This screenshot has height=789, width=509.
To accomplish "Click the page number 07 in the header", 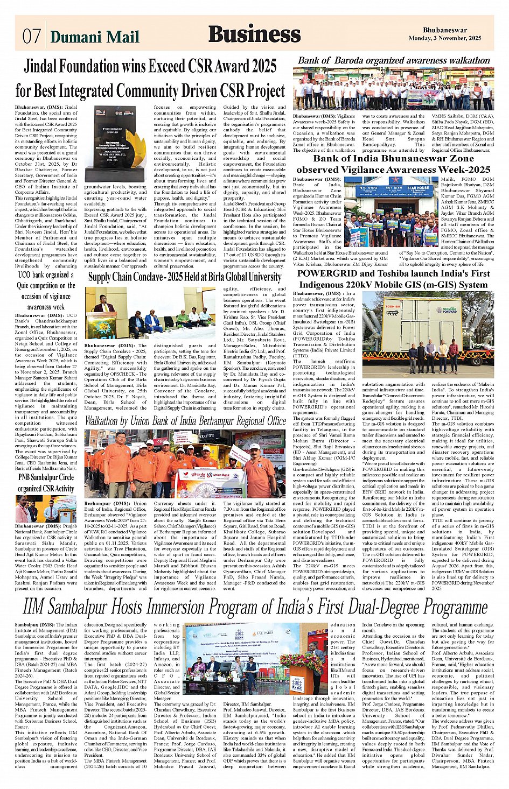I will (x=31, y=37).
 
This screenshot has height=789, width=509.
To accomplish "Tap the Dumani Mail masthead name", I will (x=94, y=37).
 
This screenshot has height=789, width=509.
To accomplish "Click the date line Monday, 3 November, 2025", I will (x=444, y=38).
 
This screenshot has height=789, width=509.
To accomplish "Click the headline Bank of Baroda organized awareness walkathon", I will (x=394, y=60).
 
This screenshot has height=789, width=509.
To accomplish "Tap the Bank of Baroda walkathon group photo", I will (x=393, y=89).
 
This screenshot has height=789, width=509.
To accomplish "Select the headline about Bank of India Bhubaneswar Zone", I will (x=393, y=164).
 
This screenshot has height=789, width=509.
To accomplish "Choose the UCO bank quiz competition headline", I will (x=46, y=291).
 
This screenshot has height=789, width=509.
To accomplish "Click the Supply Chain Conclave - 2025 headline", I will (x=185, y=277).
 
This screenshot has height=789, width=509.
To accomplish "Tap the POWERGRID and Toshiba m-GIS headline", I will (x=393, y=279).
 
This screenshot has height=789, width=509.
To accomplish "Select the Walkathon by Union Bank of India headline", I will (x=185, y=420).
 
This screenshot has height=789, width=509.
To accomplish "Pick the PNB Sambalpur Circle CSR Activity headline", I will (x=46, y=482).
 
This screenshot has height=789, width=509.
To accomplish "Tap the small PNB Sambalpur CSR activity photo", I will (x=46, y=509).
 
